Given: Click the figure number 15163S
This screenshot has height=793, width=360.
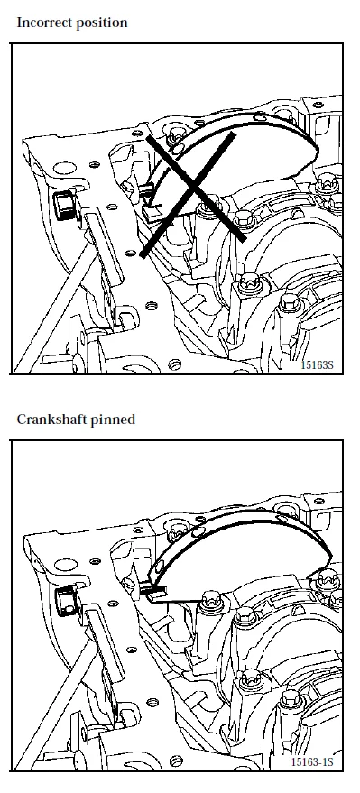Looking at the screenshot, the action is coord(317,364).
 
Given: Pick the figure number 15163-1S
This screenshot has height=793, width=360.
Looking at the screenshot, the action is coord(312,761).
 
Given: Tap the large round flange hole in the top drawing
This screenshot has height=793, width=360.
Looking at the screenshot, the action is coord(65,170).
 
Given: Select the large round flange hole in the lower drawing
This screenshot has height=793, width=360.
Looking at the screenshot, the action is coord(66,565).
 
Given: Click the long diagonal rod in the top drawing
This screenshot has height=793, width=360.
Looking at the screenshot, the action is coord(55,309).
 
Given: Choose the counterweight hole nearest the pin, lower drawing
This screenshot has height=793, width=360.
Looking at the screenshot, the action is coord(198,531).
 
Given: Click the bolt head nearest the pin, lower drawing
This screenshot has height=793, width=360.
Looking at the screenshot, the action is coord(208,601).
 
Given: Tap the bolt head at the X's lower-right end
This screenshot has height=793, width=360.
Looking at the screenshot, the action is coord(244,219).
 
